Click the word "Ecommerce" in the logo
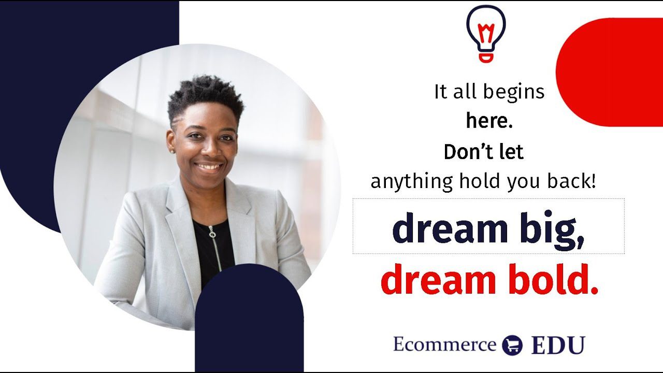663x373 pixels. (444, 344)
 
